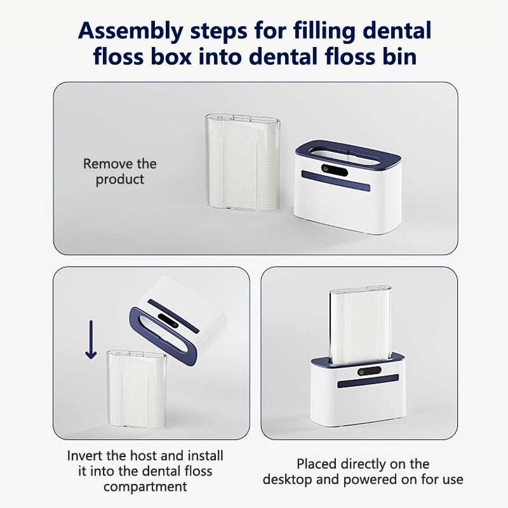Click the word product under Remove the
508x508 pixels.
coord(120,180)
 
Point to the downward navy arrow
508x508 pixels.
coord(91,340)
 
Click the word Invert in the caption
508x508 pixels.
coord(84,455)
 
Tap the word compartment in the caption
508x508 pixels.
coord(145,487)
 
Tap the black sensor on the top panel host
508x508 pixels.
coord(335,170)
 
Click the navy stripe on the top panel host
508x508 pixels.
coord(336,181)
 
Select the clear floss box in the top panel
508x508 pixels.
coord(243,163)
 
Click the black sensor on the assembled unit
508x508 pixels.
coord(370,371)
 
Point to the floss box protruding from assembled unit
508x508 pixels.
coord(360,324)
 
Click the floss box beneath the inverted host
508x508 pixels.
coord(137,389)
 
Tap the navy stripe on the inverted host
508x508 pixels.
coord(173,316)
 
